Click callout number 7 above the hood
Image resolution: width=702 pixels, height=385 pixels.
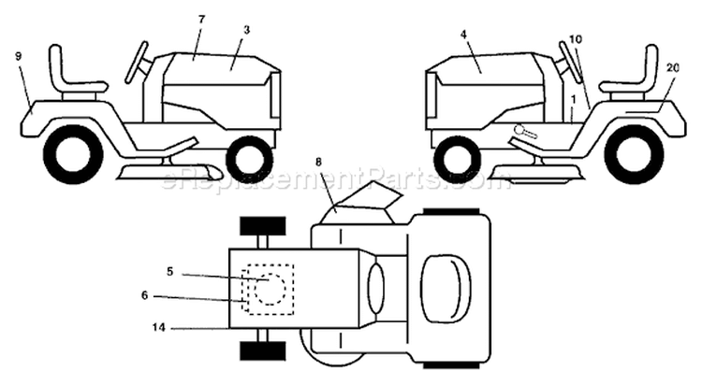[201, 20]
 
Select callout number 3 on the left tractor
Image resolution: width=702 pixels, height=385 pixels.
[247, 30]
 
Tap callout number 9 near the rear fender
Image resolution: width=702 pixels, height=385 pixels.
[18, 56]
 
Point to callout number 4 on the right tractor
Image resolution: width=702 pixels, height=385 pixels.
[463, 34]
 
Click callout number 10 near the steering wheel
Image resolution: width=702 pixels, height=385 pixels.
[576, 39]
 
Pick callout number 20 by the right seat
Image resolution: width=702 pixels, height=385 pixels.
[673, 67]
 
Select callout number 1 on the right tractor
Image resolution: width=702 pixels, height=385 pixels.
[573, 96]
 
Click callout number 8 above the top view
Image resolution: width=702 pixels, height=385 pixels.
[318, 163]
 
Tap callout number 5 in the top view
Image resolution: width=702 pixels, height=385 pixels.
[169, 271]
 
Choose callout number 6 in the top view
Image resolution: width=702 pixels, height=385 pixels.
[144, 295]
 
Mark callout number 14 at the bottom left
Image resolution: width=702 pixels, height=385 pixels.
[158, 328]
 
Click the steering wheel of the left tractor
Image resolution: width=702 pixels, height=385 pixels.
[137, 63]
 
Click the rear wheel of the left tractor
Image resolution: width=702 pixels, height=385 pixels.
[73, 153]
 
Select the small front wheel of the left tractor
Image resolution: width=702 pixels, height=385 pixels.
[250, 158]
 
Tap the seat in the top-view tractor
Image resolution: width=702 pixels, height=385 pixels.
[446, 290]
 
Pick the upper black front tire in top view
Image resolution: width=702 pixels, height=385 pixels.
[263, 226]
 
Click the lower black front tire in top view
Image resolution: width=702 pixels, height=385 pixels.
[263, 351]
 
